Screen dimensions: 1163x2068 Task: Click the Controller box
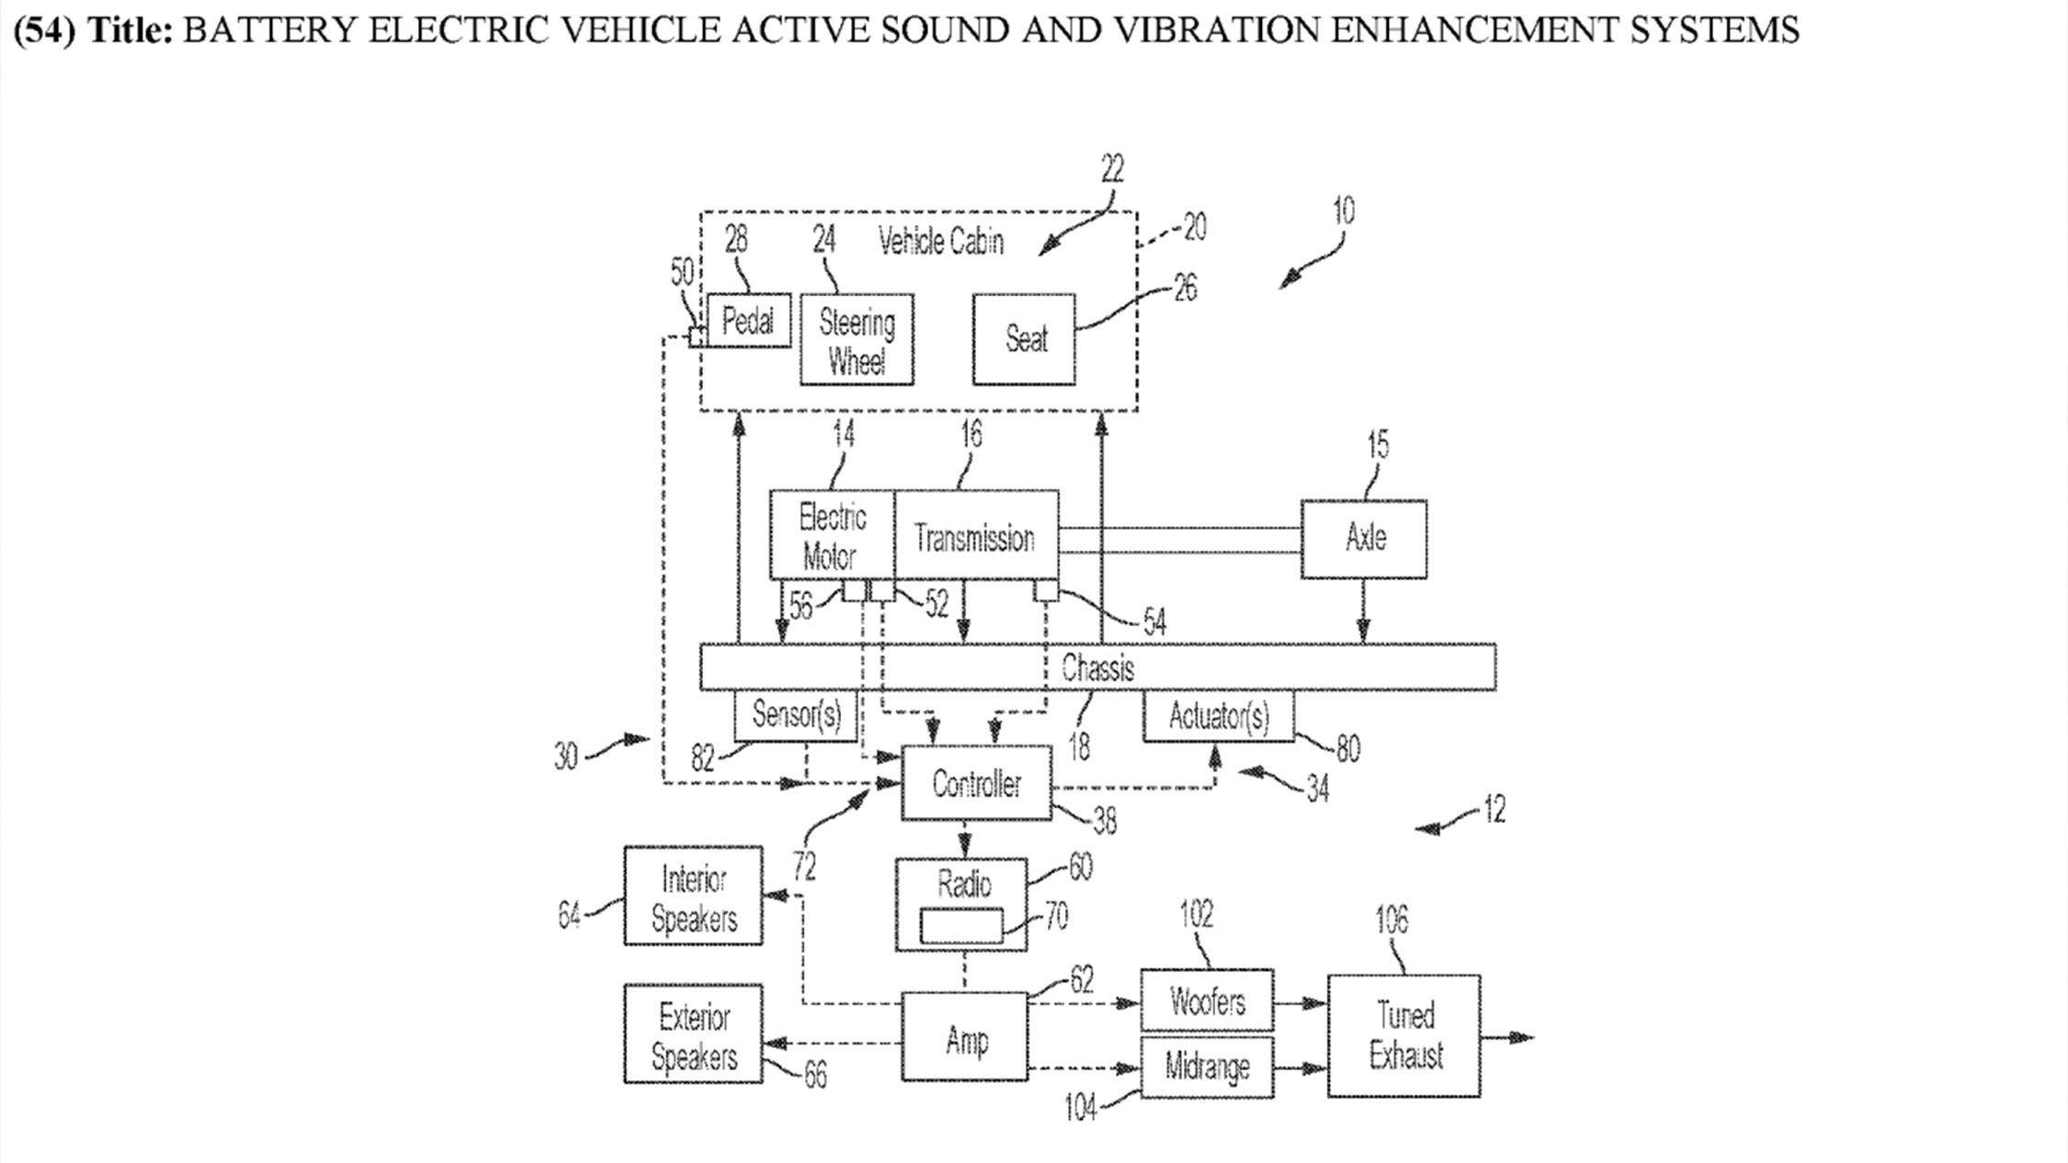click(x=976, y=783)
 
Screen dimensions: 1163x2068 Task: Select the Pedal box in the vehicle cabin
click(x=748, y=321)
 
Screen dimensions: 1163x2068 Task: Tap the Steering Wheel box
click(x=857, y=340)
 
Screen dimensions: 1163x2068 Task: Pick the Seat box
click(x=1024, y=339)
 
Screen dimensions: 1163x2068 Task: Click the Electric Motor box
click(x=832, y=536)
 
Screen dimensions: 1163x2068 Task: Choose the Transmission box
click(x=975, y=536)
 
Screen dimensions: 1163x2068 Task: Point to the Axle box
click(x=1364, y=539)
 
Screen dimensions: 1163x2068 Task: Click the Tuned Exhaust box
click(x=1403, y=1036)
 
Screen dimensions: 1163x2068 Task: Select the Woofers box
click(x=1207, y=1000)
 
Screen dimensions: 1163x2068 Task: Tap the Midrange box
click(x=1207, y=1067)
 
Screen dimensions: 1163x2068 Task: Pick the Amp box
click(x=965, y=1037)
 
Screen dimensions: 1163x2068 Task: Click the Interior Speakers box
click(x=693, y=896)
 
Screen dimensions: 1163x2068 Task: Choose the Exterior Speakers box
click(x=693, y=1034)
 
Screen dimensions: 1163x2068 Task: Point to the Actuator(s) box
click(x=1219, y=716)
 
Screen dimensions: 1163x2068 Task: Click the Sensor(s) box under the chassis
click(x=796, y=715)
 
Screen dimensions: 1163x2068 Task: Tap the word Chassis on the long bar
click(x=1097, y=667)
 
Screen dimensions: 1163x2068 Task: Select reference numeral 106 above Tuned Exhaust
click(x=1391, y=919)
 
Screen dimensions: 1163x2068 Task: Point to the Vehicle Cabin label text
click(x=940, y=242)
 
